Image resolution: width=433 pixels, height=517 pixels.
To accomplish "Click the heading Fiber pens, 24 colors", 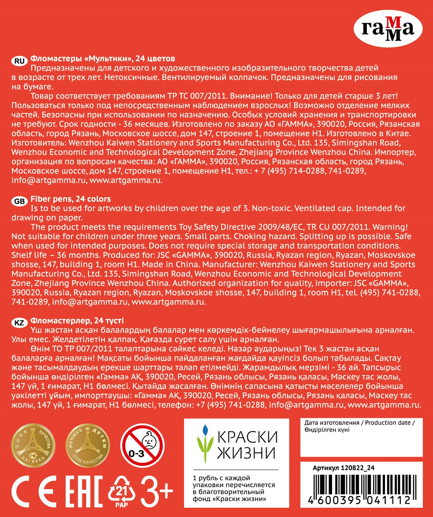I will [71, 199].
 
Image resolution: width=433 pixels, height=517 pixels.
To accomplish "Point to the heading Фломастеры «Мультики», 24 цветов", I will [103, 59].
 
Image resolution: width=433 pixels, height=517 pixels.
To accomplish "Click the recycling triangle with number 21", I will [121, 491].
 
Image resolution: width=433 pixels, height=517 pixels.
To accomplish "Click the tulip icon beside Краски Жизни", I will [205, 444].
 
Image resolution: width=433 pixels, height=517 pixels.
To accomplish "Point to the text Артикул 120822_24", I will [343, 468].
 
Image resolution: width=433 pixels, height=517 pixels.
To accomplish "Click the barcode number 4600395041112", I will [359, 500].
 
